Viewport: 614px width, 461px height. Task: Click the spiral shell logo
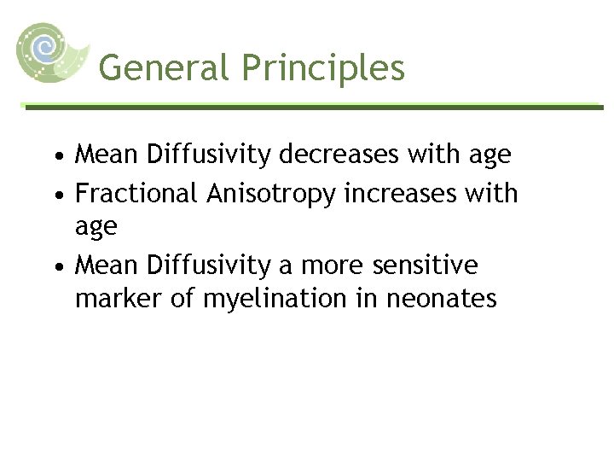50,50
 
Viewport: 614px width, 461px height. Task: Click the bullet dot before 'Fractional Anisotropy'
56,195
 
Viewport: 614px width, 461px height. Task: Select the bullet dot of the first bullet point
56,156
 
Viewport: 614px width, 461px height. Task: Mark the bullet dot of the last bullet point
56,267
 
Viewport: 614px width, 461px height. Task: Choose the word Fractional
137,193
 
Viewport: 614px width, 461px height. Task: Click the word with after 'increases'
493,193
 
